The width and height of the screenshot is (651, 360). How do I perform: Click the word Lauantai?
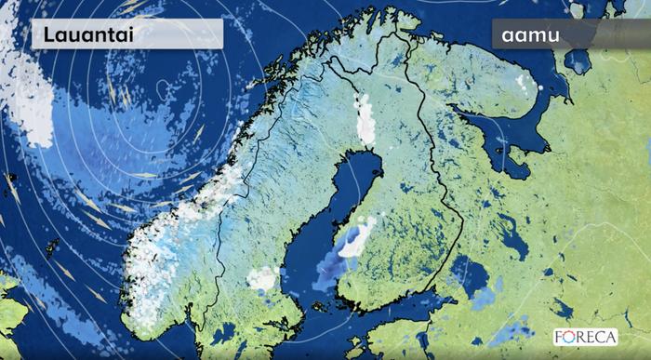[82, 34]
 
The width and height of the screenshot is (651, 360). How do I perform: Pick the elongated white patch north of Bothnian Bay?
[366, 119]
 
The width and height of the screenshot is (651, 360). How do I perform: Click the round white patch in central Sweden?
[264, 277]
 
